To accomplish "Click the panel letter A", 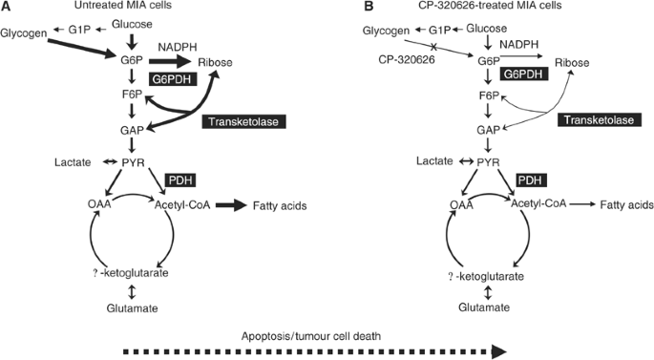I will point(6,7).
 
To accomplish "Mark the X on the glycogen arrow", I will point(432,47).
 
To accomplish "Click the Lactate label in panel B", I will point(433,162).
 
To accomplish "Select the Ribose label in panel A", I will point(219,63).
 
